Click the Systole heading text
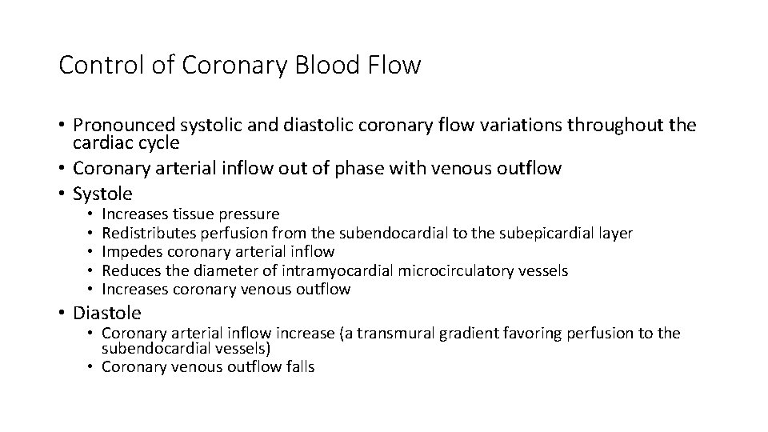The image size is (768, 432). [x=102, y=194]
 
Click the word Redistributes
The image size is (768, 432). [x=145, y=233]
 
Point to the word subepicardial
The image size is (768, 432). [x=543, y=233]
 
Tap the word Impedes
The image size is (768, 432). [x=130, y=252]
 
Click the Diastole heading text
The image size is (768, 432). [x=107, y=313]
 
